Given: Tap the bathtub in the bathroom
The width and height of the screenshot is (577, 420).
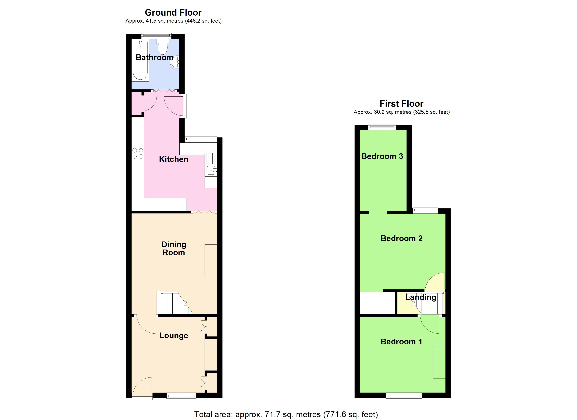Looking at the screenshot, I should coord(140,61).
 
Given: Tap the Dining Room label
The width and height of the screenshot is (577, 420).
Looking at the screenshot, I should coord(174,248).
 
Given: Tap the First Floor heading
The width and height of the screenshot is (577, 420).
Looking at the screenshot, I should coord(401,104).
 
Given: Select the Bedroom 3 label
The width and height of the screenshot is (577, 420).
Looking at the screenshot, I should coord(382,156).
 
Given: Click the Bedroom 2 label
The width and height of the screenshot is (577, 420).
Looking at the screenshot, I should coord(401,238).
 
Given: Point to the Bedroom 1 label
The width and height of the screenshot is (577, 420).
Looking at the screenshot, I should coord(401,342).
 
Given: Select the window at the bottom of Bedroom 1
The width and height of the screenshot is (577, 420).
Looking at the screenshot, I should coord(404,395).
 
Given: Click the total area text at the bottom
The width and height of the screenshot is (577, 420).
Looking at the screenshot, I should coord(286,414).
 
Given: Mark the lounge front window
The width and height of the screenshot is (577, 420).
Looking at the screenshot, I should coord(181,395).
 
